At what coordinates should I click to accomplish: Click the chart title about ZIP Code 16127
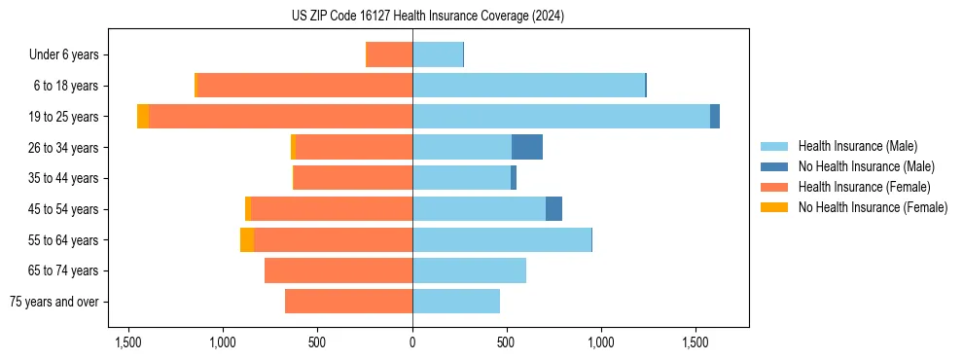[427, 17]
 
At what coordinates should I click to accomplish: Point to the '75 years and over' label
[53, 302]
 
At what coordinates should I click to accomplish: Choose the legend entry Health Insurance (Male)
[857, 146]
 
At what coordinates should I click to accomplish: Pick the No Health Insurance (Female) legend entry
[873, 207]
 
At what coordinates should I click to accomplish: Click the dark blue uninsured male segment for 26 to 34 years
[527, 147]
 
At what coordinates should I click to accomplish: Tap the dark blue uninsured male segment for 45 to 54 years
[553, 208]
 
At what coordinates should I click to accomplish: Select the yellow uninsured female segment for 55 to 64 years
[247, 239]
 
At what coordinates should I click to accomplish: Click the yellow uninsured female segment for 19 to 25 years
[143, 117]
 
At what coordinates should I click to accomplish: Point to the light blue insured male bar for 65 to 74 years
[469, 270]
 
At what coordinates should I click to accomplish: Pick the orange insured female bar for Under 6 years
[389, 54]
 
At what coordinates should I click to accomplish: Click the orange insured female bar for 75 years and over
[348, 302]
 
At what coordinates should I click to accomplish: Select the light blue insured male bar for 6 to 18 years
[528, 86]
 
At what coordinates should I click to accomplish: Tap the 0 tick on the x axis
[412, 342]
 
